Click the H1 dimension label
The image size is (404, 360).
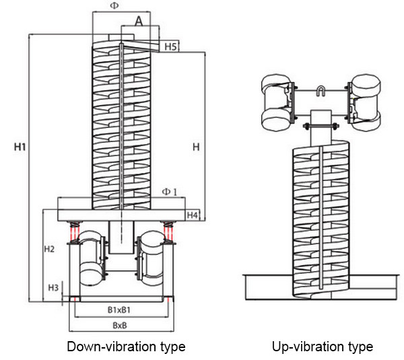point(20,146)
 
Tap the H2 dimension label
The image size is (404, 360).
point(49,249)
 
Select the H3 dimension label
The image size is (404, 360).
point(53,287)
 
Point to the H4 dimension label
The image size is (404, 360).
point(193,215)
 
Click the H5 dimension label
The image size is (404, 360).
point(170,46)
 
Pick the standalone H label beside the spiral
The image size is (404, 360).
point(195,146)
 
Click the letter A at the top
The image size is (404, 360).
point(139,21)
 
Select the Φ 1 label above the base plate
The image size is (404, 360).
point(170,192)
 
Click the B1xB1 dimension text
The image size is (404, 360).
point(119,310)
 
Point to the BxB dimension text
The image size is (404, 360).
point(121,325)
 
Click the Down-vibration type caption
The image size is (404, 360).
point(126,347)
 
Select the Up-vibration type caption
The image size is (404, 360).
point(323,347)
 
